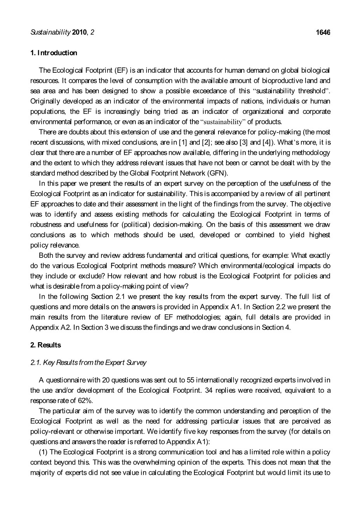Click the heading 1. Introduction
coord(54,53)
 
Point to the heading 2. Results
coord(45,345)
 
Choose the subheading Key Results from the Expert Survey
coord(95,363)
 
